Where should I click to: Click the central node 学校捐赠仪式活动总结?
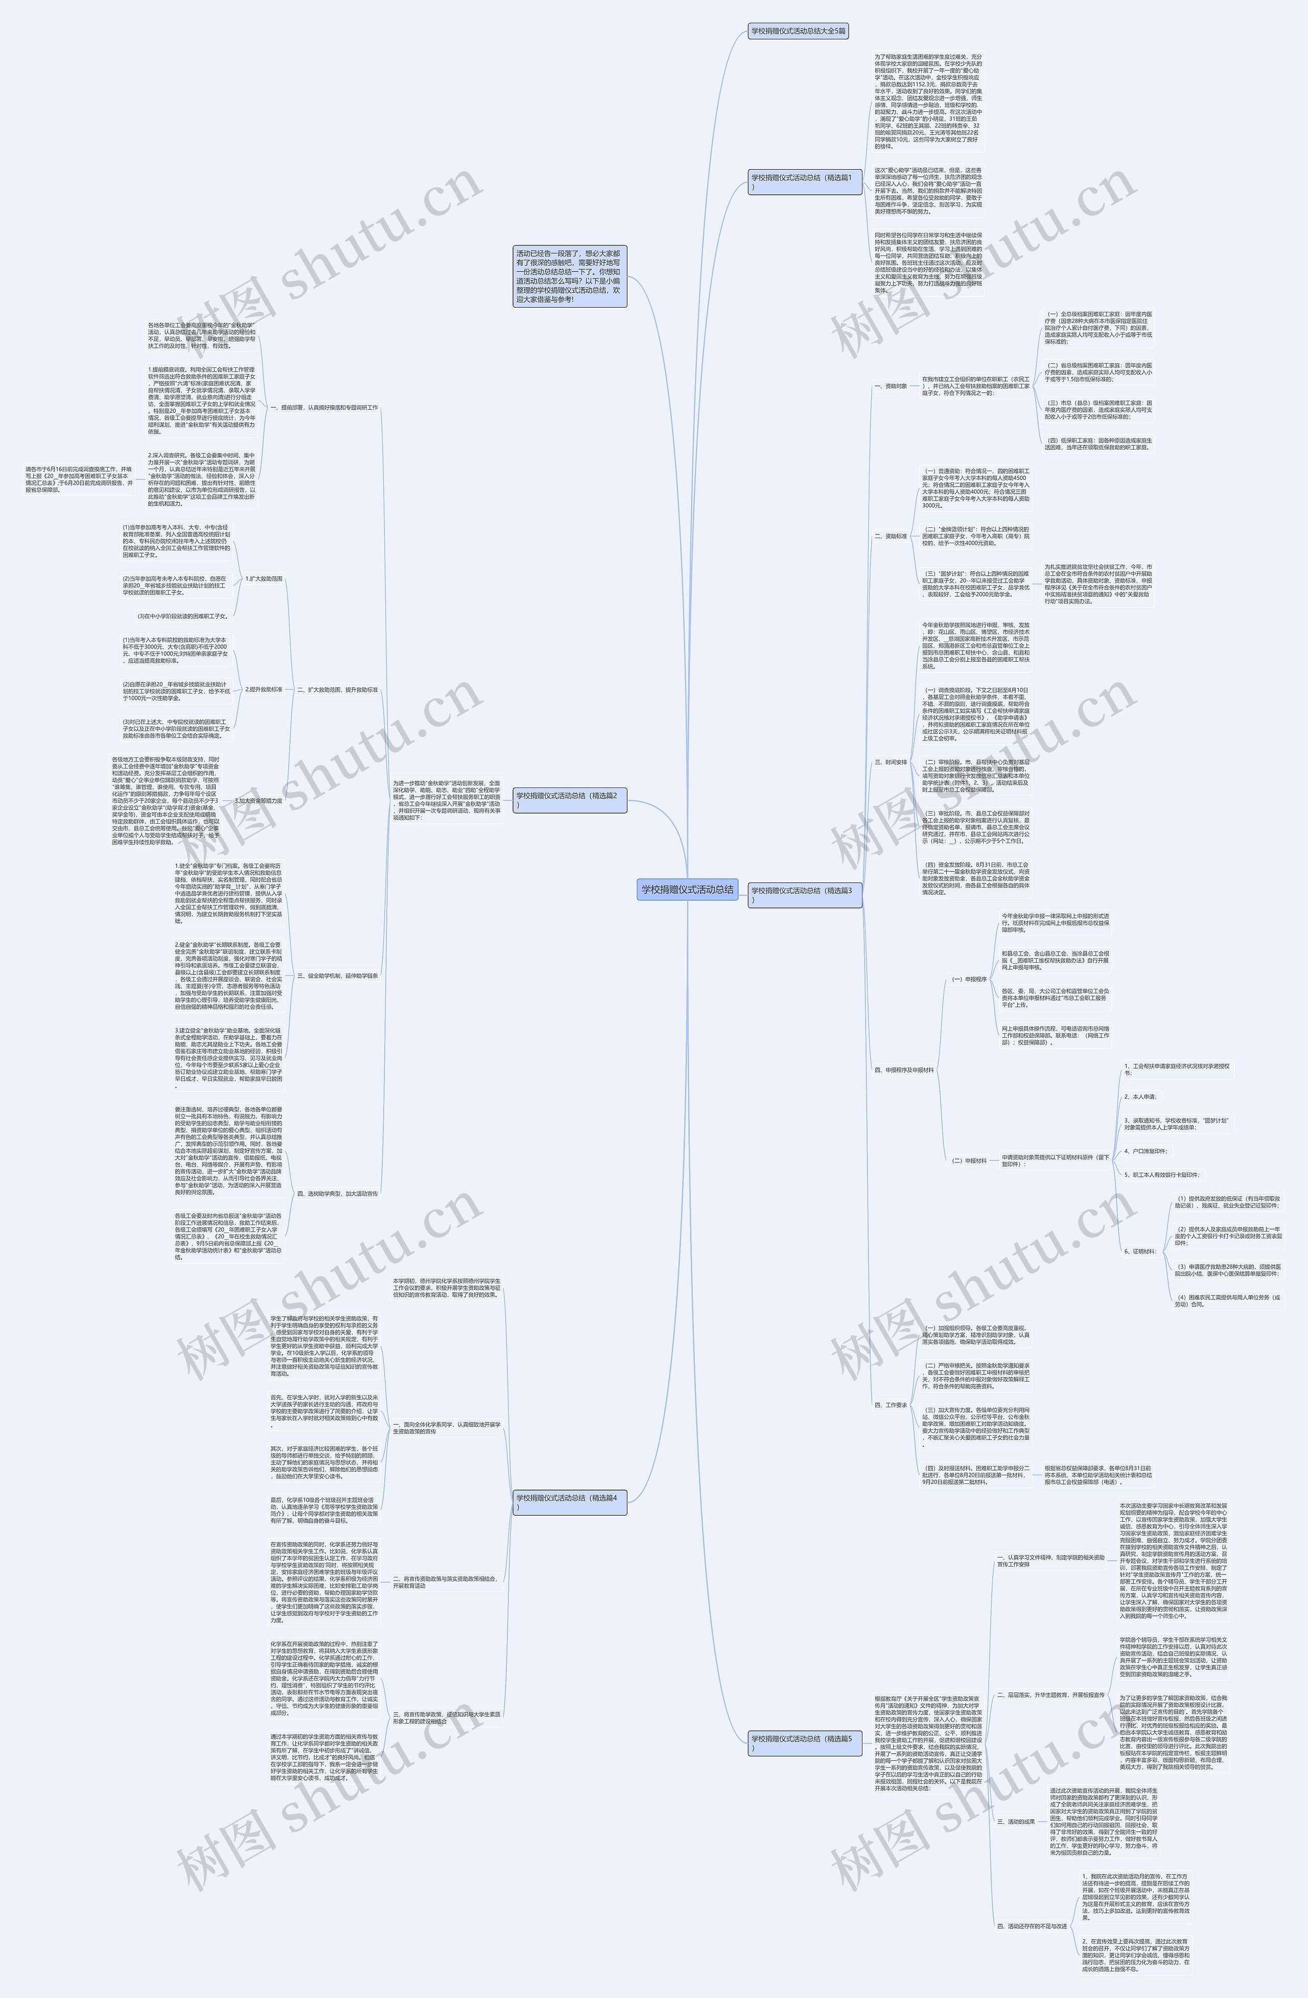[x=687, y=890]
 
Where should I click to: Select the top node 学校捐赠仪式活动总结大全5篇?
[x=799, y=32]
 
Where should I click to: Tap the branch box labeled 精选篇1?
[x=804, y=181]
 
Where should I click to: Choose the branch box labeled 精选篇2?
[x=569, y=799]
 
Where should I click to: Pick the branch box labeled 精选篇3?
[x=804, y=894]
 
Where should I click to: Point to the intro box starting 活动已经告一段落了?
[x=570, y=276]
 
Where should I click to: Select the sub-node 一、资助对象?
[x=891, y=386]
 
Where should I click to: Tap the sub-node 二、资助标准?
[x=891, y=536]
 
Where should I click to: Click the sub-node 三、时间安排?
[x=891, y=762]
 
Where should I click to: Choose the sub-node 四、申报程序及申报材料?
[x=904, y=1071]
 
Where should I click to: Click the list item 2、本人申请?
[x=1140, y=1097]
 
